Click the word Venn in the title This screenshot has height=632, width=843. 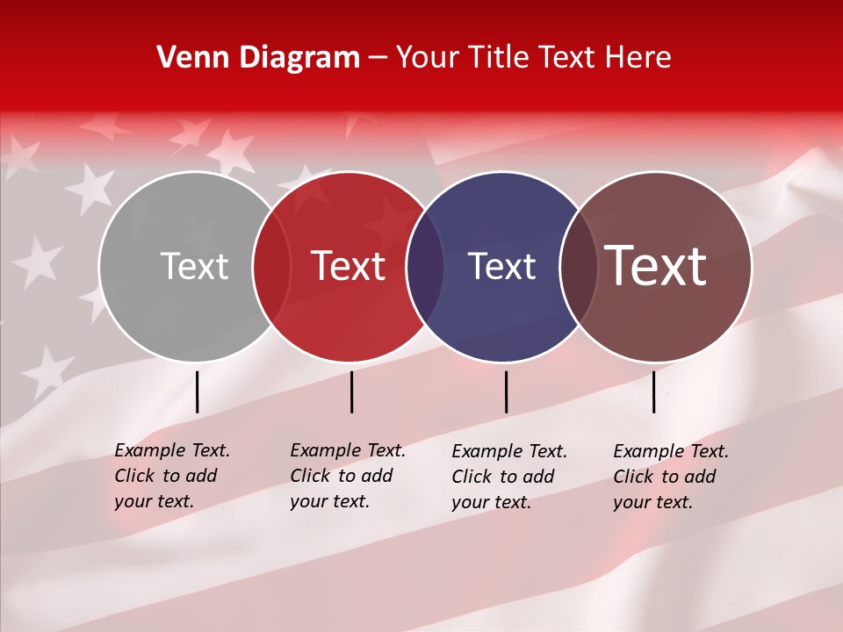tap(189, 58)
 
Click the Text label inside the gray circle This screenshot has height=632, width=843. tap(195, 266)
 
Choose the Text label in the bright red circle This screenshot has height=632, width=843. tap(349, 266)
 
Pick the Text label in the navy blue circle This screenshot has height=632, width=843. tap(501, 266)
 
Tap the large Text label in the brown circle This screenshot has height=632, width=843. tap(656, 266)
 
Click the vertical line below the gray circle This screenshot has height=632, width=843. tap(198, 391)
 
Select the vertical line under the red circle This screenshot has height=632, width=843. tap(351, 391)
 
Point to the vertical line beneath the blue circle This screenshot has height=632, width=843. tap(506, 391)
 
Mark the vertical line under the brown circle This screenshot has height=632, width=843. tap(653, 391)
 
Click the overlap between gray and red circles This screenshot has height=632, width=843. tap(272, 266)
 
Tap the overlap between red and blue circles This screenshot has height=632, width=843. tap(426, 266)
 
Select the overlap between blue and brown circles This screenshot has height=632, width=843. tap(578, 266)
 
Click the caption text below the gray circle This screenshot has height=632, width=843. tap(171, 476)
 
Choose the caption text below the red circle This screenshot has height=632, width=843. tap(347, 476)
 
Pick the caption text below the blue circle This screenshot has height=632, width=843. tap(508, 477)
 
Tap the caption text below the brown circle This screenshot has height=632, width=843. tap(670, 477)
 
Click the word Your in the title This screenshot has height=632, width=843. tap(429, 58)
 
